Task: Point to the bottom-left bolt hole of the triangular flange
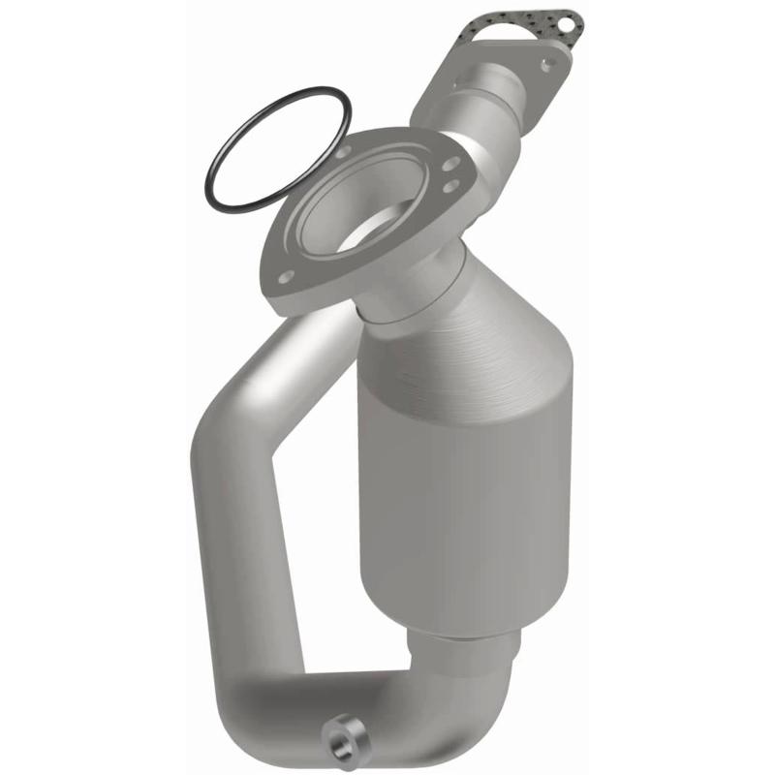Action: [286, 277]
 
